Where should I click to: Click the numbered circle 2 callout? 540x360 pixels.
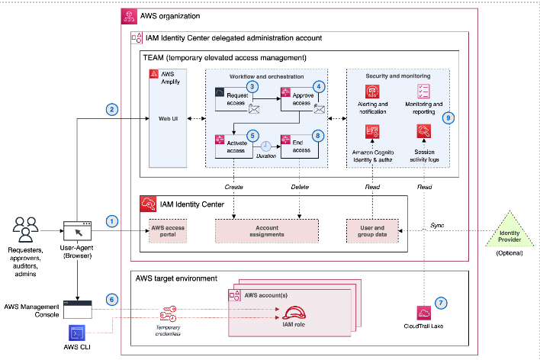coord(111,110)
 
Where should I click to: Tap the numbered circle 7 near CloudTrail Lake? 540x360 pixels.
coord(441,303)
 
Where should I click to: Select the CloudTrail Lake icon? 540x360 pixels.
coord(423,313)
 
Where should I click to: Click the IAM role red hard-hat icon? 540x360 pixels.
coord(294,313)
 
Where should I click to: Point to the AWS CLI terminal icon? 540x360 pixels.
coord(77,333)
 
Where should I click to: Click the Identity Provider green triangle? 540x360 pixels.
coord(509,230)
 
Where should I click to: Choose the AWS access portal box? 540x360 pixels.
coord(168,231)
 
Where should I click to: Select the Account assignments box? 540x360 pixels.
coord(267,231)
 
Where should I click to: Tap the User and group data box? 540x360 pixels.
coord(372,231)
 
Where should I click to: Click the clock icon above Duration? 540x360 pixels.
coord(265,146)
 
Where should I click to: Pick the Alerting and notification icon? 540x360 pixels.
coord(372,92)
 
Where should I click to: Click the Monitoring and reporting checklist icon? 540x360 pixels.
coord(423,92)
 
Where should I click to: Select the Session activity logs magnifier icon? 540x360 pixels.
coord(424,131)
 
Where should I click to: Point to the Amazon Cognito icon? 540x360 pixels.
coord(372,132)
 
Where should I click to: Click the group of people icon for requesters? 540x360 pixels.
coord(25,230)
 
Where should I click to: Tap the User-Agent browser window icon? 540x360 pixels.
coord(78,231)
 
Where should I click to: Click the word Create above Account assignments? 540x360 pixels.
coord(234,187)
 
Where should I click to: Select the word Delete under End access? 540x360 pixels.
coord(300,187)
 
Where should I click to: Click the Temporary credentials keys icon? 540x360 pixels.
coord(168,313)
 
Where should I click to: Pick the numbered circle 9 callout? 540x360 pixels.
coord(448,117)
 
